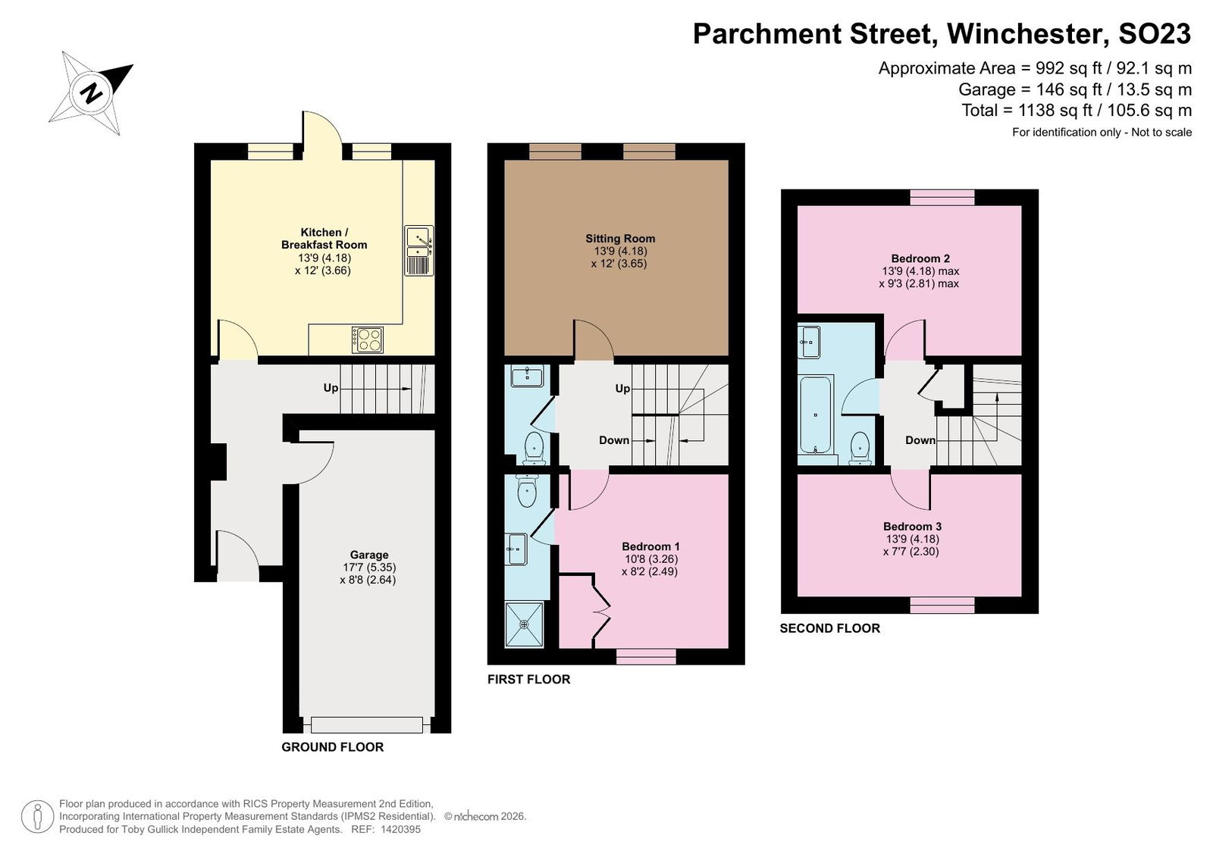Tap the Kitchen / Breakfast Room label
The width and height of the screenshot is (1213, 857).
(324, 239)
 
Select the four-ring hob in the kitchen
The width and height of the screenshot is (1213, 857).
(368, 340)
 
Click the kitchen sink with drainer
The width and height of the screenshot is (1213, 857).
(419, 251)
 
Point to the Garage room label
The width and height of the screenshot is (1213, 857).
(368, 555)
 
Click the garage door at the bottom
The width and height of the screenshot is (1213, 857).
(367, 725)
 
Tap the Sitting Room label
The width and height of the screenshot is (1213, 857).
(620, 239)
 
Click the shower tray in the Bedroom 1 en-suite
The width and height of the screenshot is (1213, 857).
(524, 624)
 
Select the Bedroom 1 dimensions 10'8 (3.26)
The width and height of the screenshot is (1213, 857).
(651, 559)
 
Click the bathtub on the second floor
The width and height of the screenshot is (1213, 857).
(816, 415)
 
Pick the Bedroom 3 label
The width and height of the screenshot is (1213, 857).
(912, 526)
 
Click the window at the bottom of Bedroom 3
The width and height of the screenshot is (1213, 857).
(942, 605)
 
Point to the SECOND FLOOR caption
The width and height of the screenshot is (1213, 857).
(829, 628)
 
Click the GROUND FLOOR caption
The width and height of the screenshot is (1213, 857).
(333, 747)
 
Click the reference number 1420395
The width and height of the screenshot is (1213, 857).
(401, 830)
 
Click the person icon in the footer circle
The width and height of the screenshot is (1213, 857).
(37, 816)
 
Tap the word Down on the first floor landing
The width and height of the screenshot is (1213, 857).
(614, 440)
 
